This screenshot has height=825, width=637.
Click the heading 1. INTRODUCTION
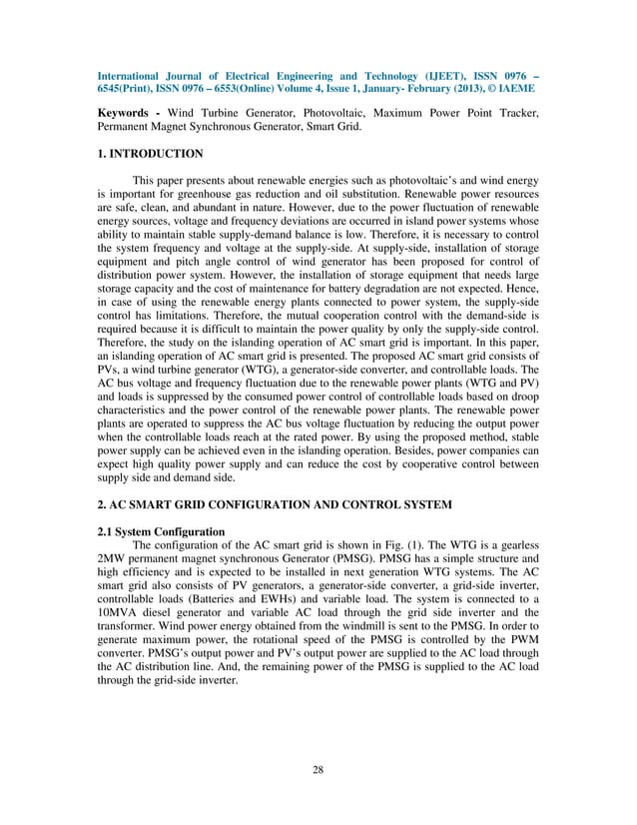point(150,154)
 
